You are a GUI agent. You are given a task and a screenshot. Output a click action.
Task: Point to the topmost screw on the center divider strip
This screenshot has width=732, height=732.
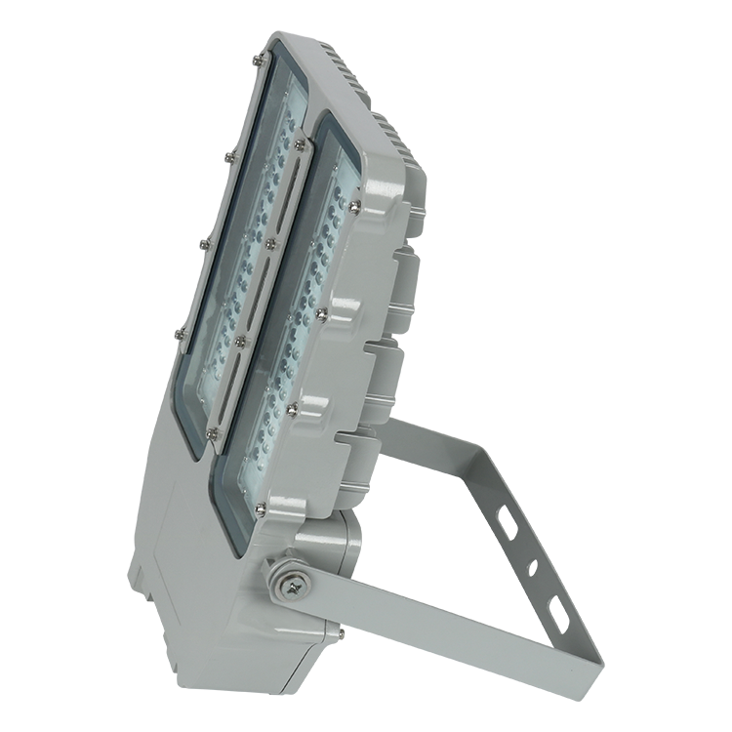pyautogui.click(x=298, y=144)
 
